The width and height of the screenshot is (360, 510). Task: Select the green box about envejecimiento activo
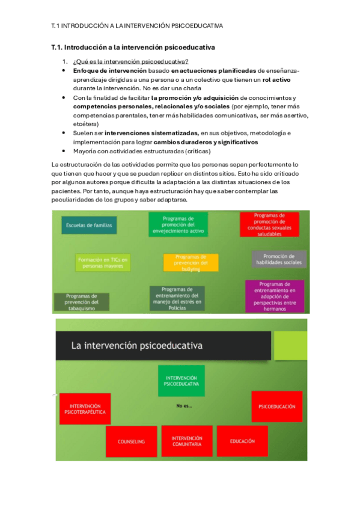(178, 224)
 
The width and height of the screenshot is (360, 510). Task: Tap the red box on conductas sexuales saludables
(269, 224)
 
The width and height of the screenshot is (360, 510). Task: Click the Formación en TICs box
(103, 262)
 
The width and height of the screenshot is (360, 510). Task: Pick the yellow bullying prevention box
(191, 262)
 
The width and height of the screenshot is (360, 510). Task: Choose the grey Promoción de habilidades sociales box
(279, 259)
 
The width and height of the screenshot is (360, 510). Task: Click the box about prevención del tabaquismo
(82, 301)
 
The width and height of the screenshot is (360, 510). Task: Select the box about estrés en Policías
(177, 298)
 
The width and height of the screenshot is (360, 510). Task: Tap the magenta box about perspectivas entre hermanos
(274, 296)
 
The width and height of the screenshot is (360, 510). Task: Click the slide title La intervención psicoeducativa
(137, 345)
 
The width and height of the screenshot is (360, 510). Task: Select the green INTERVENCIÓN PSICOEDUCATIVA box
(182, 381)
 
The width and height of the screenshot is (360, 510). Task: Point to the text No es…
(184, 406)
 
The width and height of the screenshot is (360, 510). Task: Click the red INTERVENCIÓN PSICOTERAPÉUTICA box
(85, 409)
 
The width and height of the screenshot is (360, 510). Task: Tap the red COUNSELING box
(131, 441)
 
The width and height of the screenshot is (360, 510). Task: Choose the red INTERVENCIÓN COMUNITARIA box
(186, 441)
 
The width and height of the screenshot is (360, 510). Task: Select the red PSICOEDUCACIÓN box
(276, 407)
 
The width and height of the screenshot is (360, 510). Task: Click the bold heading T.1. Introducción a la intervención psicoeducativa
(133, 47)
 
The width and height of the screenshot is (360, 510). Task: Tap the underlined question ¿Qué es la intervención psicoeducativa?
(130, 61)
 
